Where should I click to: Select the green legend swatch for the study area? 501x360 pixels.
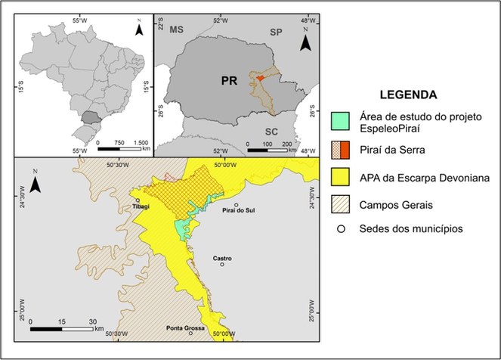(339, 119)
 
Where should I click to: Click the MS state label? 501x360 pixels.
(177, 29)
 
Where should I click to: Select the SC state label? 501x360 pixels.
(272, 132)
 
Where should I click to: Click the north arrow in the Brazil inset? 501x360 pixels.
(138, 30)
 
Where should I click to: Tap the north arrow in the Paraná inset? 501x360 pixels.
(305, 43)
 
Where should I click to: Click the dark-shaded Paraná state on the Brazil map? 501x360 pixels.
(91, 117)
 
